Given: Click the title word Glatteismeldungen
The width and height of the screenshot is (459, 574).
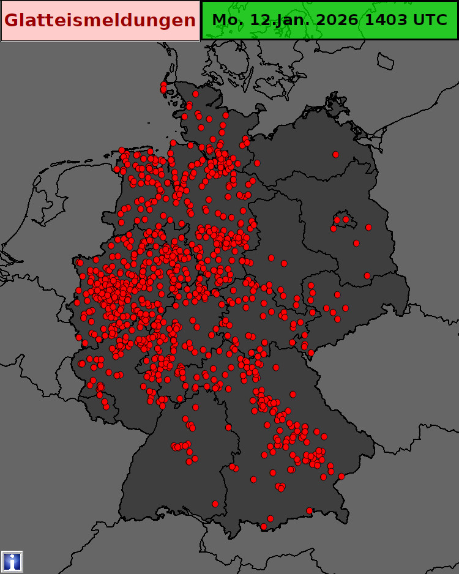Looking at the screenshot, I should click(x=100, y=20).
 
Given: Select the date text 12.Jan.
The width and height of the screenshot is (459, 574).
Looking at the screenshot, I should click(x=279, y=20).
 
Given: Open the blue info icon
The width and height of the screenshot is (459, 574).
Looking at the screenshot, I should click(x=12, y=561).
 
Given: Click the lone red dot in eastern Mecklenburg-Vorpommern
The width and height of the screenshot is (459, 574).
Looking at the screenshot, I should click(x=335, y=154).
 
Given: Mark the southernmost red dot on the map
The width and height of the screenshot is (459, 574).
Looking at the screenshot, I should click(x=264, y=526).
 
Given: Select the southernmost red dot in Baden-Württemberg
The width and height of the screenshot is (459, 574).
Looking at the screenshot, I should click(x=215, y=504).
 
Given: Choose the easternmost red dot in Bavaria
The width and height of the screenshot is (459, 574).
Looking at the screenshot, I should click(x=341, y=476).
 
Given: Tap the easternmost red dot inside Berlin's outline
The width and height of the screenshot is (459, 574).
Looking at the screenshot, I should click(x=346, y=219).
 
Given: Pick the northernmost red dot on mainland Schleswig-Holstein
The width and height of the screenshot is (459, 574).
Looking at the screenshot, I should click(x=195, y=94).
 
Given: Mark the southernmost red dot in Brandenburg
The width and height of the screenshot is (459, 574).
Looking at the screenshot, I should click(x=367, y=275).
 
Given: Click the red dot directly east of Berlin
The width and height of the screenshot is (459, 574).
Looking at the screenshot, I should click(x=368, y=227).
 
